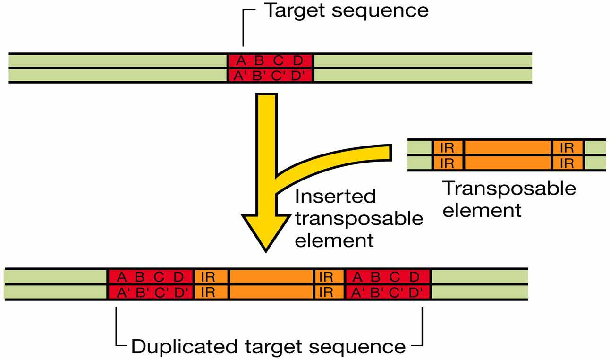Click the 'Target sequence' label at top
point(346,11)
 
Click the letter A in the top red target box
point(241,61)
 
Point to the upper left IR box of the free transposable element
point(447,147)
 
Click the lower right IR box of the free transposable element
point(567,163)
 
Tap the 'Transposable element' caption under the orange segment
point(509,199)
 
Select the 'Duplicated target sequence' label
point(268,346)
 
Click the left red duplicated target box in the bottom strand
point(151,284)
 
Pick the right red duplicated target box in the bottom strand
point(388,284)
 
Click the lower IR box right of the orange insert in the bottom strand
point(326,292)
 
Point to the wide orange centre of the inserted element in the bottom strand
point(271,284)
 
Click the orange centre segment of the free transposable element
point(508,155)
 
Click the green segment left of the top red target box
point(118,68)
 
